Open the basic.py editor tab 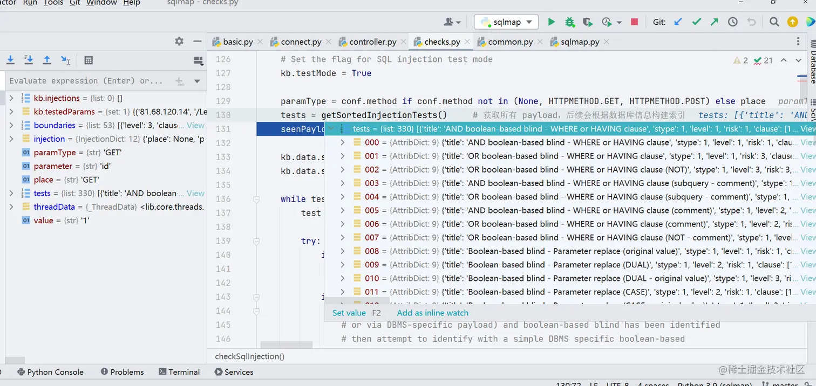click(x=237, y=42)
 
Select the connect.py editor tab click(x=301, y=42)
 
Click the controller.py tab click(x=372, y=42)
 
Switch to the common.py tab click(x=510, y=42)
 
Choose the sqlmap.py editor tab click(x=580, y=42)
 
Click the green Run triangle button click(x=551, y=22)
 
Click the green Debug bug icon click(x=569, y=22)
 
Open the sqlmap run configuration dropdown click(x=506, y=22)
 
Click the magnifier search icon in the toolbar click(x=774, y=22)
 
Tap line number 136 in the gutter click(x=223, y=199)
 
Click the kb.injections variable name click(x=57, y=98)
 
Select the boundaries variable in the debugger click(x=55, y=125)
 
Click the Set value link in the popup click(x=349, y=313)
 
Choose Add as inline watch click(x=432, y=313)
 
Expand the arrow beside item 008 click(x=342, y=251)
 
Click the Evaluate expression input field click(x=86, y=81)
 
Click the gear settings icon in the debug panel click(x=179, y=42)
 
